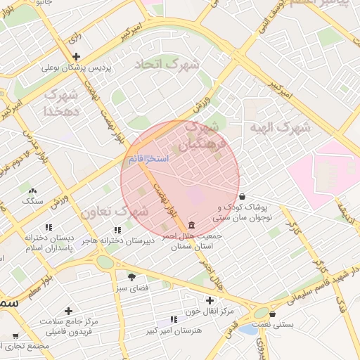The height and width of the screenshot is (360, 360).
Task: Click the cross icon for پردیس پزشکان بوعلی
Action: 77,56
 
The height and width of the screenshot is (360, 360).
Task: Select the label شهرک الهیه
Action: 279,127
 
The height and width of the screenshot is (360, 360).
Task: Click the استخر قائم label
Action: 148,160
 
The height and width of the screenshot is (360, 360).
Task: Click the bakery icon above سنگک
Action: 31,189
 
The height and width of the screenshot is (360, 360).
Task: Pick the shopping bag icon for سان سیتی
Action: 242,197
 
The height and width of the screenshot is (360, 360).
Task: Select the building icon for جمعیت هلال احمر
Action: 192,225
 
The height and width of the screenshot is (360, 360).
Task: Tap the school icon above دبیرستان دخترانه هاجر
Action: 117,229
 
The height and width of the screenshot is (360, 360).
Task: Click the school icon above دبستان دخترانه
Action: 49,227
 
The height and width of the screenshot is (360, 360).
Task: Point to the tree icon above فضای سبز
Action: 131,276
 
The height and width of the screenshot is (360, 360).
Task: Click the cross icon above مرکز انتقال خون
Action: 209,300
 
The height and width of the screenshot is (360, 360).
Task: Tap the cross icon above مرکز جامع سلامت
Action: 68,310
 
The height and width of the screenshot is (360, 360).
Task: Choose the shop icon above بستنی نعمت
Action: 272,314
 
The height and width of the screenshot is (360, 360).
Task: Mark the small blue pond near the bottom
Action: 247,328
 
